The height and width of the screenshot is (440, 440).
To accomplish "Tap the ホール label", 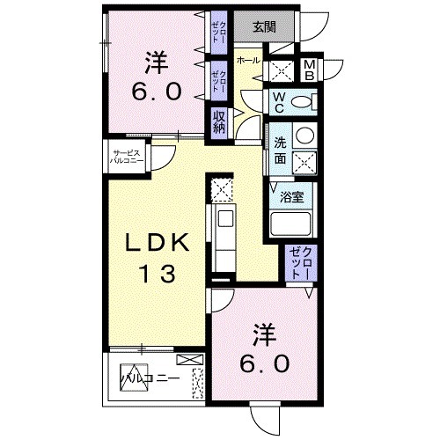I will point(247,62).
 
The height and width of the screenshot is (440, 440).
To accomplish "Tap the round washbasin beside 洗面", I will point(304,136).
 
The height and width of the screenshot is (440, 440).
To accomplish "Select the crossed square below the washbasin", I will point(304,163).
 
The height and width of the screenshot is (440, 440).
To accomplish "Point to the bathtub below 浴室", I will point(291,222).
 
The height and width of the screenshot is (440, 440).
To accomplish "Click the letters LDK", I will point(156,242).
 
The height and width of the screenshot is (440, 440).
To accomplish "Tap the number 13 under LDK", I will point(156,273).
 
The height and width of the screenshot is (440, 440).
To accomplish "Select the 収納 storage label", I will point(218,121).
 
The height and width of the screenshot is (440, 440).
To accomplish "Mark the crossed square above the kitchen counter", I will point(222,187).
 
